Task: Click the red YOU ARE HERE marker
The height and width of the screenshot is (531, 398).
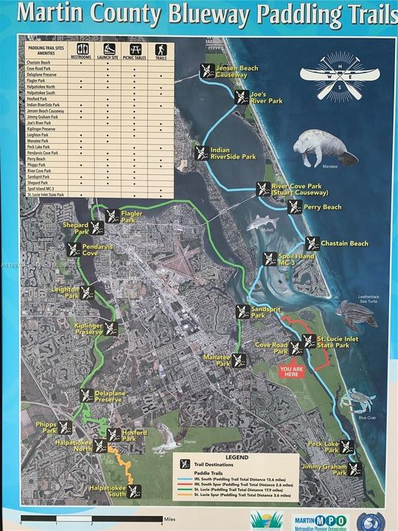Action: (x=291, y=371)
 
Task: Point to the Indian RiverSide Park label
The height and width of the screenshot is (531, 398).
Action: (x=233, y=153)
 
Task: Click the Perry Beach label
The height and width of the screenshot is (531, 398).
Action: (x=323, y=207)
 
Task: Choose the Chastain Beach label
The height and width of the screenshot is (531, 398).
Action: (x=344, y=243)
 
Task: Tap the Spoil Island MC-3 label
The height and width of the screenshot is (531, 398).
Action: (x=276, y=260)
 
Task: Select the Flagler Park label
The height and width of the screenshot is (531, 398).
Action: (x=130, y=217)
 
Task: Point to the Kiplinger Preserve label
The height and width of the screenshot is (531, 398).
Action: (x=88, y=328)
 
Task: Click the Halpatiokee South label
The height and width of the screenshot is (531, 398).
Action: (x=108, y=490)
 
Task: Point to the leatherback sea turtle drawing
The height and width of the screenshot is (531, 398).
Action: (x=357, y=313)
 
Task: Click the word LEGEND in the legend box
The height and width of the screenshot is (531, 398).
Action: (x=237, y=457)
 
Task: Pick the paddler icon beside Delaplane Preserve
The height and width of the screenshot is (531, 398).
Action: (x=86, y=395)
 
